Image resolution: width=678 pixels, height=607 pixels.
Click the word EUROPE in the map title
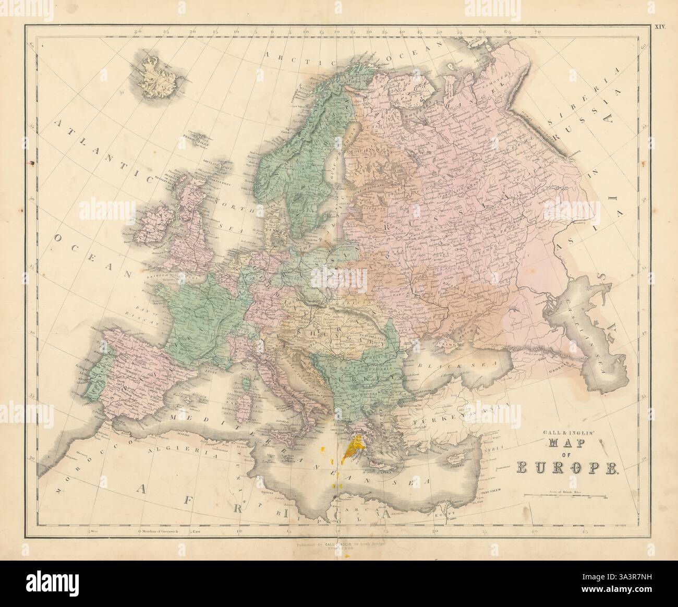(566, 467)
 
